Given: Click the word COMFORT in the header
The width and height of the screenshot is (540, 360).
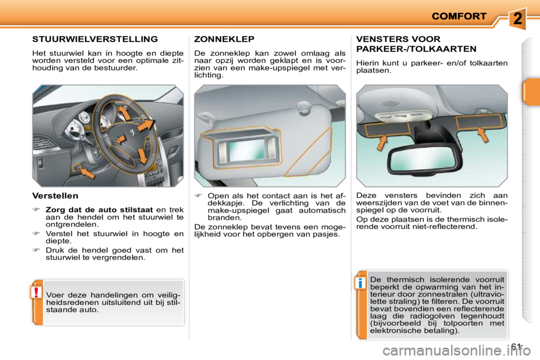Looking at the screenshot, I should coord(458,16).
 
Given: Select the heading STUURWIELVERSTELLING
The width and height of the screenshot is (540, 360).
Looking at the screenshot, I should coord(95,39).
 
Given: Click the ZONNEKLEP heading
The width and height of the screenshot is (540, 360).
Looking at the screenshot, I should coord(224,39).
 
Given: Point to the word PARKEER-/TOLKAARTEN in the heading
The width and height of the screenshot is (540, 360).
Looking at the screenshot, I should coord(416,49).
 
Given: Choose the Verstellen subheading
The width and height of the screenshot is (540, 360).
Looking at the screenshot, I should coord(55,196).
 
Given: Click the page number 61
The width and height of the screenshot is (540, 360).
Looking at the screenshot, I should coord(518,346).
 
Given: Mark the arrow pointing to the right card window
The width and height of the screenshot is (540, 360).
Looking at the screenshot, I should coord(481,136).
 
